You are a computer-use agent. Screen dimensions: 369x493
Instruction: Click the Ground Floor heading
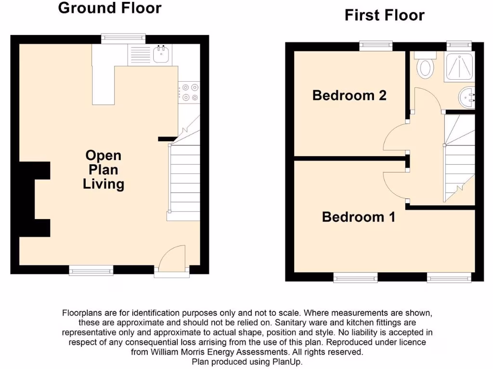(110, 8)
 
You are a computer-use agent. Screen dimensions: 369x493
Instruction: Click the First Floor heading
(384, 15)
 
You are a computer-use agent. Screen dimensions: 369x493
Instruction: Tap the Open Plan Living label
(104, 170)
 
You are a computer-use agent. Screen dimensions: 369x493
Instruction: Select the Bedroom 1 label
(358, 217)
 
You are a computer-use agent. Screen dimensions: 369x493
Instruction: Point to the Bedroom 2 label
(349, 95)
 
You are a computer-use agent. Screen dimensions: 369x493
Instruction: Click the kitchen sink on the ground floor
(160, 54)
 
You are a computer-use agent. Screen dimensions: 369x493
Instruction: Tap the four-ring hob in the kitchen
(188, 92)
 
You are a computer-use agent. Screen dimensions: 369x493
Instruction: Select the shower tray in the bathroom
(458, 67)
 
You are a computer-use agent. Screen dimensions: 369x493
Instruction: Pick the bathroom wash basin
(467, 98)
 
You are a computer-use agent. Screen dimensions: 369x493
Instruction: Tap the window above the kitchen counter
(123, 38)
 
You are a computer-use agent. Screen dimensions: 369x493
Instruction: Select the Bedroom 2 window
(376, 46)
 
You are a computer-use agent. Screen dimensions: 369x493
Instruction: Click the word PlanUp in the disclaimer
(287, 362)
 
